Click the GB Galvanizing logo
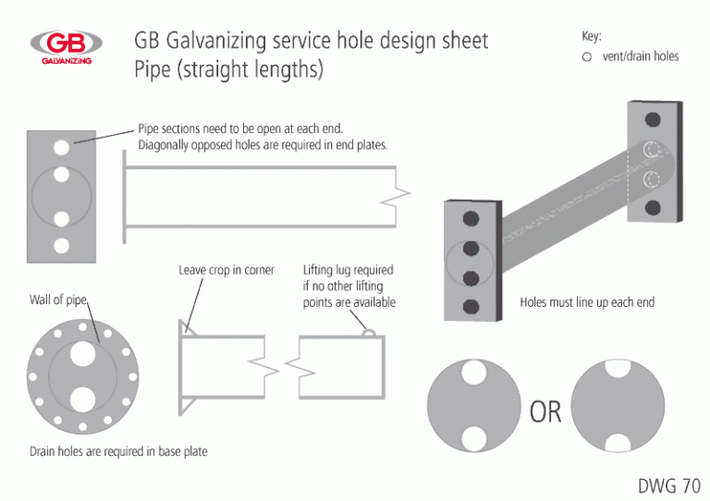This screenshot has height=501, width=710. (x=67, y=47)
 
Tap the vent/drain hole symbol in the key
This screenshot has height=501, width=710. (x=587, y=57)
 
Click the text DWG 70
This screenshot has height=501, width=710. (x=669, y=485)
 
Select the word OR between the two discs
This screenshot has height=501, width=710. (x=545, y=412)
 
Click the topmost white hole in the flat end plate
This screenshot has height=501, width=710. (x=62, y=147)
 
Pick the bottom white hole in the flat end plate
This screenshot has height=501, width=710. (x=62, y=246)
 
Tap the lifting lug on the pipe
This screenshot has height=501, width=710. (x=370, y=333)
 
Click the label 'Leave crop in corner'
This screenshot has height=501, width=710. (x=226, y=270)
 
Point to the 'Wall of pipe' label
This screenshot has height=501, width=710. (x=58, y=299)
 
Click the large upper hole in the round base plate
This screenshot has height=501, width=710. (x=83, y=353)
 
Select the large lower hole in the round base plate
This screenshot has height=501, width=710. (x=83, y=399)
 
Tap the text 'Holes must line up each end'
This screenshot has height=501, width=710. (x=587, y=302)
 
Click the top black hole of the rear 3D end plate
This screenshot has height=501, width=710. (x=653, y=119)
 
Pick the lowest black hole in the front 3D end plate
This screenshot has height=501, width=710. (x=471, y=307)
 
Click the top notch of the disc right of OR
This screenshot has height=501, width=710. (x=618, y=369)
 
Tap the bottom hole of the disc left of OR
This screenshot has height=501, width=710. (x=474, y=438)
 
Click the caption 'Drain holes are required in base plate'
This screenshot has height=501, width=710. (x=118, y=451)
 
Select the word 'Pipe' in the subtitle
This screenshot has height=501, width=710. (x=153, y=69)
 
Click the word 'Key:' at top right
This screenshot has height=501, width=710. (x=592, y=36)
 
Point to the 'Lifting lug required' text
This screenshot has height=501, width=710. (x=349, y=270)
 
